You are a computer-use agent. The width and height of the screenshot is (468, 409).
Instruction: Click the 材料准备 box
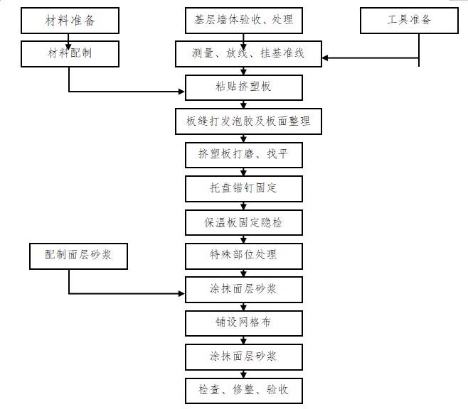pos(68,21)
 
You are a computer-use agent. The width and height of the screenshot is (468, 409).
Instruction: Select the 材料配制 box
pos(68,53)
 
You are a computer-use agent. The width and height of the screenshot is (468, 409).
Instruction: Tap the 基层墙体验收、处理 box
pos(243,21)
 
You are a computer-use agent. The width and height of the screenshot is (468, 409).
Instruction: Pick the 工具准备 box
pos(409,21)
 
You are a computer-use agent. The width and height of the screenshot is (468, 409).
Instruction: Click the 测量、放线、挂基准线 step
pos(248,54)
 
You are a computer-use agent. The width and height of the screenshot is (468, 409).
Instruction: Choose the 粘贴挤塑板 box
pos(243,87)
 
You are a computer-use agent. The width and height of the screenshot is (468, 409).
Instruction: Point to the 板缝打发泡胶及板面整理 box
pos(243,121)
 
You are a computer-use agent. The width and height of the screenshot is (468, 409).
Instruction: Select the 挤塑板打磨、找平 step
pos(243,154)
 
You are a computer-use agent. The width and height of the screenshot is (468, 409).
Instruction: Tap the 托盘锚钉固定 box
pos(243,188)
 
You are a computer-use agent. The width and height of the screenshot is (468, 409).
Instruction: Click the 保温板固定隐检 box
pos(243,222)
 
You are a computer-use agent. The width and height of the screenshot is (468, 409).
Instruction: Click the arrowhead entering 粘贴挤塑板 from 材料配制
pos(181,92)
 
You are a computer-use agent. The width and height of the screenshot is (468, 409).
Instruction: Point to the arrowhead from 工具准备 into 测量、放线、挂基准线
pos(326,58)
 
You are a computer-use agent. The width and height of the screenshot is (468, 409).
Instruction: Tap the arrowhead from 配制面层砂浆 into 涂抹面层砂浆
pos(181,293)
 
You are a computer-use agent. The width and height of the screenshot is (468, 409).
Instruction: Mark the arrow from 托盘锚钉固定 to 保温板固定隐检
pos(243,206)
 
